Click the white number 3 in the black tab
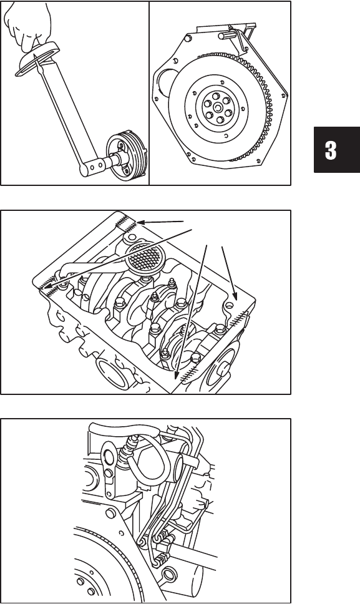click(x=330, y=150)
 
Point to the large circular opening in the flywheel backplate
click(x=166, y=83)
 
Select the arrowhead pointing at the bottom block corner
click(x=175, y=376)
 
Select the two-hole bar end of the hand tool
click(x=92, y=165)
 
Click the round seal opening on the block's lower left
click(x=112, y=373)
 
